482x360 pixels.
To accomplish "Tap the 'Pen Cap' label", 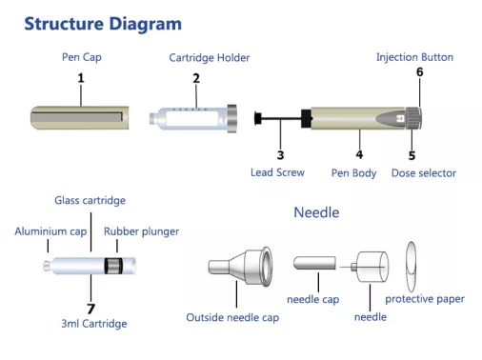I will tap(82, 58).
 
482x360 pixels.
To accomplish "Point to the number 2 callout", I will tap(196, 78).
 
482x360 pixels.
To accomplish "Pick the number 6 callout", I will tap(419, 72).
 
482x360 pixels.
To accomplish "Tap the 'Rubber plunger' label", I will tap(141, 231).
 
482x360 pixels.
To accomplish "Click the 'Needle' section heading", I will tap(315, 211).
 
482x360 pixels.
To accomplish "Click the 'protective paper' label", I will tap(425, 299).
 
